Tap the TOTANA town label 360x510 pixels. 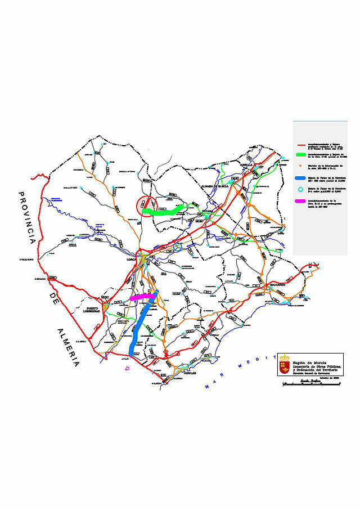(x=202, y=213)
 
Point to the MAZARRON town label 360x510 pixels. (x=277, y=285)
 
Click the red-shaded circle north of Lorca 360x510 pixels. (x=147, y=205)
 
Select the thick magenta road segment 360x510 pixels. (x=142, y=297)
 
